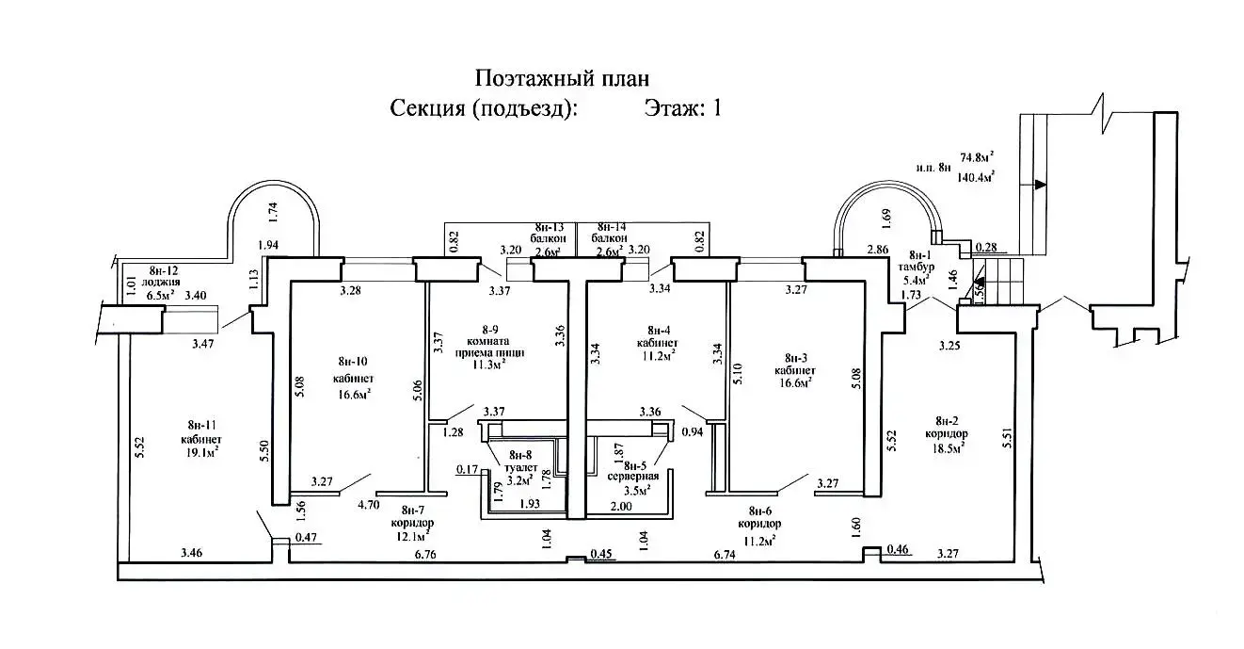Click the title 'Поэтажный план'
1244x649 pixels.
point(562,77)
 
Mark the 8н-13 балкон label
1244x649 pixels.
point(550,239)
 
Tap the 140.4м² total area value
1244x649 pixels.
point(977,175)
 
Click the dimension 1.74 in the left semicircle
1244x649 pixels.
point(274,212)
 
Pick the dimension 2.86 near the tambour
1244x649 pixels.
point(878,250)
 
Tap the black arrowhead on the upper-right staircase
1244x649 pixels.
point(1038,186)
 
